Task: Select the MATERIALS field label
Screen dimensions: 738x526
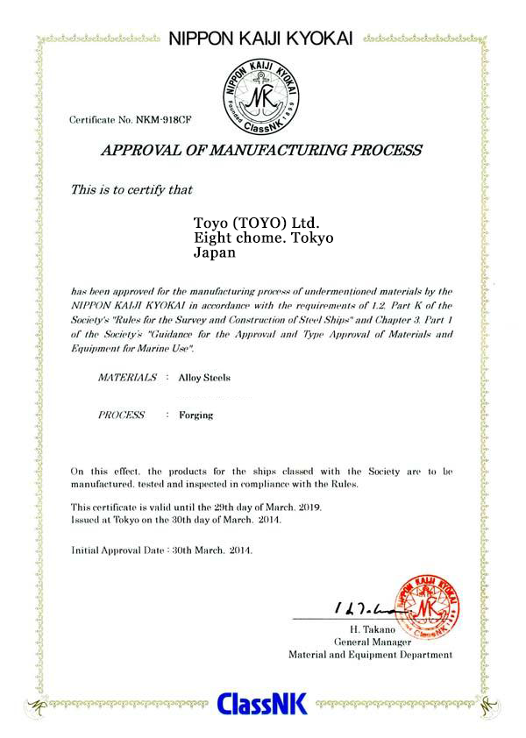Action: (127, 379)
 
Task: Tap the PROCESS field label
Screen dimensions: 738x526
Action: (121, 415)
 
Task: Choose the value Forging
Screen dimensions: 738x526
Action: (195, 415)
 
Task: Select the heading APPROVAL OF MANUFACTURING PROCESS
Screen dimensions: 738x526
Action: (261, 150)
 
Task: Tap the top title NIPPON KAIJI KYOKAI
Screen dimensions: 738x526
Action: (260, 39)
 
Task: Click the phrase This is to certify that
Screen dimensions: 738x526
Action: (131, 188)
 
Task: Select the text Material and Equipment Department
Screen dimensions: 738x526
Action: (370, 654)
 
